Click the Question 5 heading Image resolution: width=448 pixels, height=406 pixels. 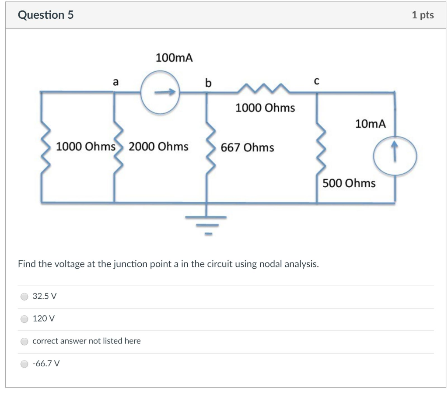[46, 15]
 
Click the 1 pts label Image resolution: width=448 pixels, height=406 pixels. [422, 15]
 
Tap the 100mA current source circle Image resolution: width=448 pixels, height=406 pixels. [160, 92]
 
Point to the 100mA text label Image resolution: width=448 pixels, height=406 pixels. [174, 58]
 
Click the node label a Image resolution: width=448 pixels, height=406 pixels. [115, 81]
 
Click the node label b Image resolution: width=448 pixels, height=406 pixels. [208, 83]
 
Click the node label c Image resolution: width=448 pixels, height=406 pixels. [317, 81]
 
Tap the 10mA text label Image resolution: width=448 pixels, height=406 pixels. [371, 124]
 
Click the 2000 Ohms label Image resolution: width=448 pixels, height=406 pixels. [158, 146]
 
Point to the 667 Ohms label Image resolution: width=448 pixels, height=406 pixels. [247, 147]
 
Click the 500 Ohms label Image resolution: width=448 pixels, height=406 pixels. [349, 183]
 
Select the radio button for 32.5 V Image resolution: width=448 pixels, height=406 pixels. [25, 296]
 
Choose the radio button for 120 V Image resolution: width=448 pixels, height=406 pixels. [25, 319]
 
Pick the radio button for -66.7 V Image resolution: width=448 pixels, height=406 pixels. [25, 364]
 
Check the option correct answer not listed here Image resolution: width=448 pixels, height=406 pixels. [25, 341]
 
